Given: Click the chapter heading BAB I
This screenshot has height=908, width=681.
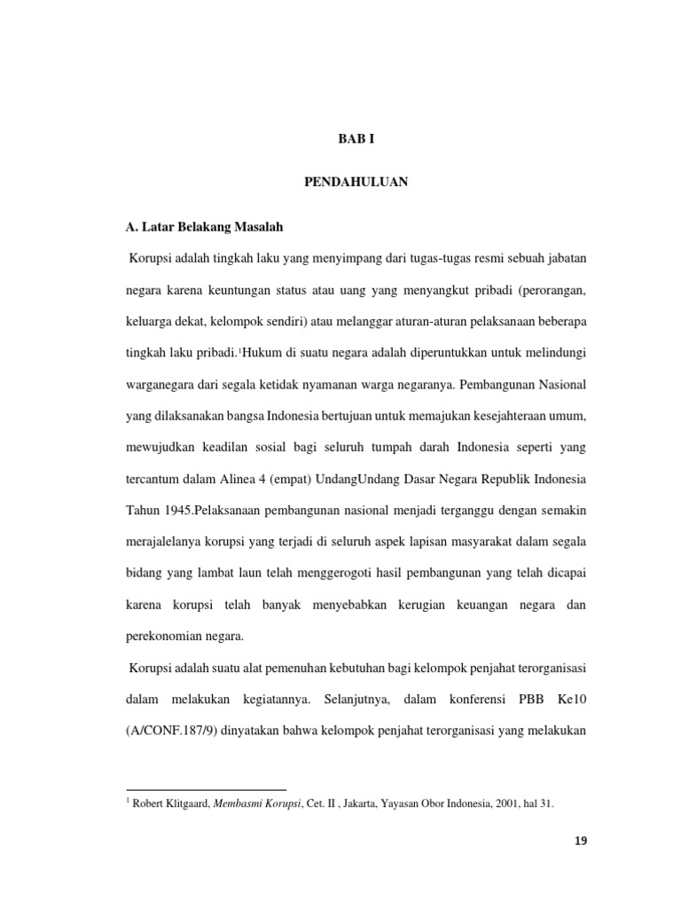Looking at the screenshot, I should (x=357, y=139).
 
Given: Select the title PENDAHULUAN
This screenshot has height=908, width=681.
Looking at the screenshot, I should (x=356, y=182).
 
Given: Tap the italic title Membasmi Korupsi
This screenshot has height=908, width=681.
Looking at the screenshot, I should (x=254, y=804).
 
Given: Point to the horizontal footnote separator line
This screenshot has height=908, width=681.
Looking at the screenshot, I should (x=207, y=789).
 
